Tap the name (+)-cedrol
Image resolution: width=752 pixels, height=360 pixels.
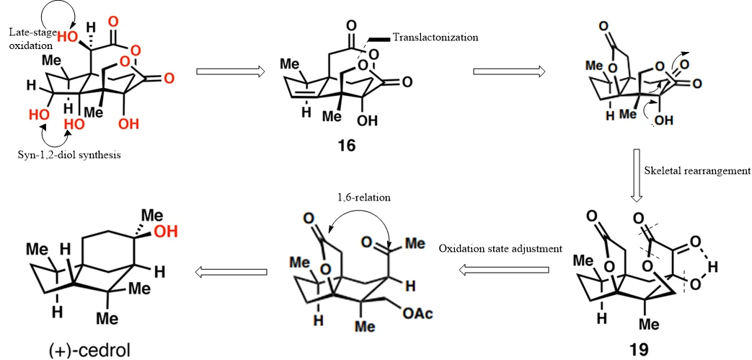click(x=89, y=351)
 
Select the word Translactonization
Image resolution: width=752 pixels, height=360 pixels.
click(x=435, y=38)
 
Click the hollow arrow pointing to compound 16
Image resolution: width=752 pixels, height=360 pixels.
click(x=231, y=71)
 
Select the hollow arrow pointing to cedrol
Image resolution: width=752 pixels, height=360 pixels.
click(x=230, y=272)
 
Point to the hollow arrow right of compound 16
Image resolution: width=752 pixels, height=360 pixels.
click(x=509, y=71)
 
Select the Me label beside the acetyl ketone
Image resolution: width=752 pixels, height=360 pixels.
click(x=417, y=244)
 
